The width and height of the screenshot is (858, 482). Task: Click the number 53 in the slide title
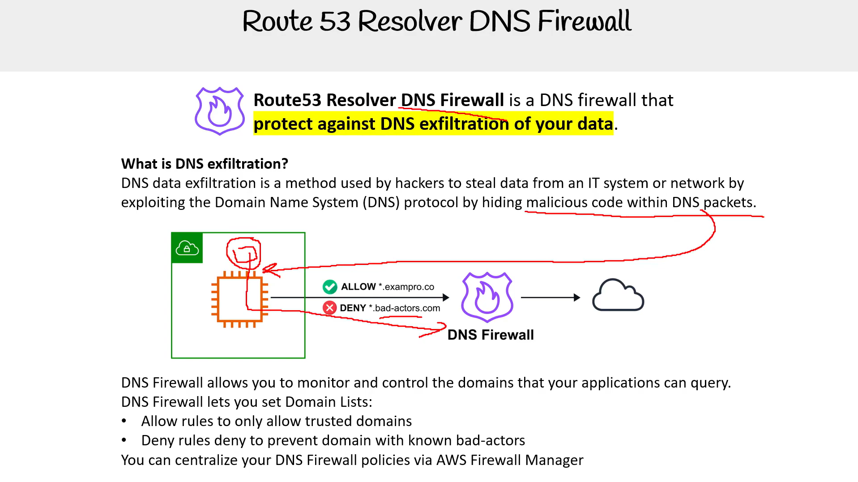click(x=335, y=21)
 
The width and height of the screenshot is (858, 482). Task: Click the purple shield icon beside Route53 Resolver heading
click(x=220, y=111)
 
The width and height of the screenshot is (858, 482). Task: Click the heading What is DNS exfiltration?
click(x=205, y=164)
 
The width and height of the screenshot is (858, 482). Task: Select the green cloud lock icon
click(x=187, y=248)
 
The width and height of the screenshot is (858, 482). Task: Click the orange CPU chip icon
click(x=240, y=299)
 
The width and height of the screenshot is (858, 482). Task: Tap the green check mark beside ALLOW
click(x=330, y=286)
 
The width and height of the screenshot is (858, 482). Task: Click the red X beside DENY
click(x=330, y=308)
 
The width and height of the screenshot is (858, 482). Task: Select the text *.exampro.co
click(x=406, y=287)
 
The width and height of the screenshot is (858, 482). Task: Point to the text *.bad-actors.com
click(x=405, y=308)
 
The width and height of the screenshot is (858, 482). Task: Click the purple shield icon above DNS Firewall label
click(x=487, y=297)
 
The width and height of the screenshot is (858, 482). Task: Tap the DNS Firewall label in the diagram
click(x=491, y=335)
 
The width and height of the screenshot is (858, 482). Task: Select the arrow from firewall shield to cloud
click(x=551, y=297)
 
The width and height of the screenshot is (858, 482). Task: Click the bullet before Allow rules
click(x=124, y=421)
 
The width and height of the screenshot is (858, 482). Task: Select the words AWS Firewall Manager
click(x=510, y=460)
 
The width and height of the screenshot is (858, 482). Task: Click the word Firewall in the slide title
click(x=585, y=21)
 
